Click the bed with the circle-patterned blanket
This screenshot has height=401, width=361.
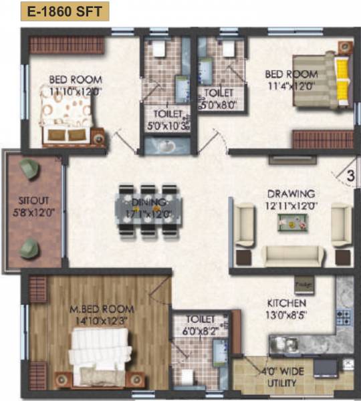pos(67,114)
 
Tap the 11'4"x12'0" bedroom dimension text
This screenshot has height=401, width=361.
pos(290,85)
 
